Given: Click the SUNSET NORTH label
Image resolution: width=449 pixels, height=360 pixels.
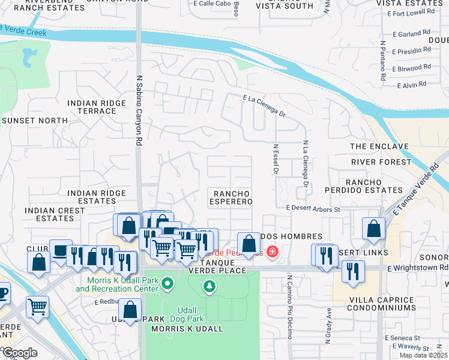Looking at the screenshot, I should click(35, 121).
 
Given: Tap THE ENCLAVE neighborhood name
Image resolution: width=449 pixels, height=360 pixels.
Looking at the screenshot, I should click(379, 146).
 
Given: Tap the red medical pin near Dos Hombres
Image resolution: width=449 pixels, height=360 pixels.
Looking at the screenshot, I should click(273, 251).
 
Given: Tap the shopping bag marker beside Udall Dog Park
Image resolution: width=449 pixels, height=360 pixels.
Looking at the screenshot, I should click(130, 311).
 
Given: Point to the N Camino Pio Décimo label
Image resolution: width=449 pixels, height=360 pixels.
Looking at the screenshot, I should click(289, 307).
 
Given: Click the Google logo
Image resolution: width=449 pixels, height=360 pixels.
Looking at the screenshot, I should click(19, 353).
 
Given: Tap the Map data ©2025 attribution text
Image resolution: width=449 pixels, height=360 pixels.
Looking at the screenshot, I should click(423, 355).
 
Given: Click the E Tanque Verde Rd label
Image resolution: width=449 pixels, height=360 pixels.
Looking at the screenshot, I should click(420, 199).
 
